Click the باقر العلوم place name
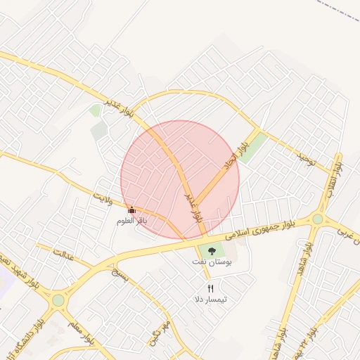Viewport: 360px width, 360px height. pyautogui.click(x=131, y=221)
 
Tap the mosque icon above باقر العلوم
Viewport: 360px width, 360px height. pyautogui.click(x=131, y=210)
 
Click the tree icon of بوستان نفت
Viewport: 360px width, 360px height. pyautogui.click(x=212, y=251)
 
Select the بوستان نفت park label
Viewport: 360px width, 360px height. pyautogui.click(x=212, y=262)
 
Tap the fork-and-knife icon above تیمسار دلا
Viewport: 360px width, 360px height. pyautogui.click(x=210, y=288)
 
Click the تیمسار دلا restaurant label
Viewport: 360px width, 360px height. pyautogui.click(x=210, y=300)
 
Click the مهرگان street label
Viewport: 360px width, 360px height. pyautogui.click(x=160, y=333)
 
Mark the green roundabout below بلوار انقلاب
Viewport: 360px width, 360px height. pyautogui.click(x=318, y=219)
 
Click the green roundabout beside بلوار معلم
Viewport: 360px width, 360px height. pyautogui.click(x=58, y=300)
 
